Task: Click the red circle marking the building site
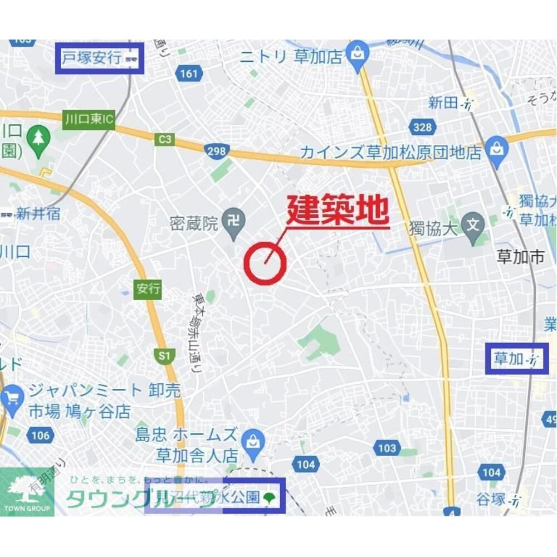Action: (265, 264)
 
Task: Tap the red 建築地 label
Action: (337, 211)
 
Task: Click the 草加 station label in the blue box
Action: (516, 359)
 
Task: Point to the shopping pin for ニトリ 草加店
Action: (355, 54)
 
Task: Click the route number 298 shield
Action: (216, 150)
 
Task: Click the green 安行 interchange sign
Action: (148, 289)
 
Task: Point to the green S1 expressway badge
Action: (164, 355)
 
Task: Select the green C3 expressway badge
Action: (165, 140)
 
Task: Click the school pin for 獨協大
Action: (473, 226)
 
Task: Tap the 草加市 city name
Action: (520, 257)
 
